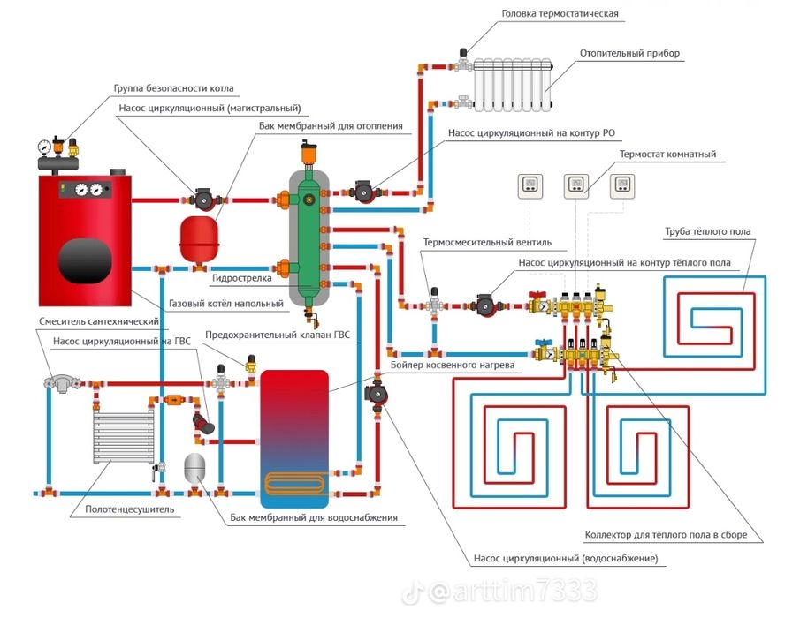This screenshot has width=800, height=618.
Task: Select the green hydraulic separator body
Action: pyautogui.click(x=309, y=234)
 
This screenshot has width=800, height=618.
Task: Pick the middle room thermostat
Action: pyautogui.click(x=575, y=185)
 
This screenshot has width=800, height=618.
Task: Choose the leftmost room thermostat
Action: pyautogui.click(x=530, y=185)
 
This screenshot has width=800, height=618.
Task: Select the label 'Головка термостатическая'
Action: pyautogui.click(x=560, y=14)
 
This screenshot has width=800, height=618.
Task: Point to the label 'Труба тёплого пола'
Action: pyautogui.click(x=708, y=232)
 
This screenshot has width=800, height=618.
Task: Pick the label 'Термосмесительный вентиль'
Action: pyautogui.click(x=487, y=242)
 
